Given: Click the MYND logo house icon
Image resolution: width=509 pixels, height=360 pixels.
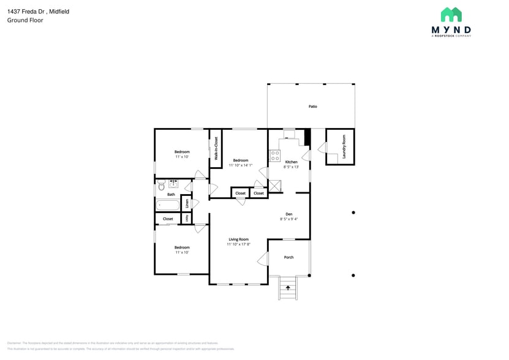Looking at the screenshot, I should pos(451,15).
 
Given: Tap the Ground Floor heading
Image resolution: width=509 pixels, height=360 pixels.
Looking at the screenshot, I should pos(25,20).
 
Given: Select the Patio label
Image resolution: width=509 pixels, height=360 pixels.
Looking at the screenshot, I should pos(312,107).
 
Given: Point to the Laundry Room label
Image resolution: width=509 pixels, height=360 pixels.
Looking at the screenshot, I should pos(344,147).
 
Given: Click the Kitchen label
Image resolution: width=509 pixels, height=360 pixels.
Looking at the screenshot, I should pos(291,162).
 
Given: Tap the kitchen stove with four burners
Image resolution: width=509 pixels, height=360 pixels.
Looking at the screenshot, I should pos(275,156).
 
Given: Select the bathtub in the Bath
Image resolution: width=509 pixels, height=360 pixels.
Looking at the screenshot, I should pos(166,205).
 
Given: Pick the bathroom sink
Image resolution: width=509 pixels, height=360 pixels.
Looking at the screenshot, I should pos(173,182).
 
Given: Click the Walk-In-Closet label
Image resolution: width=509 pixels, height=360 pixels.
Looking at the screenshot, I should pos(216,148).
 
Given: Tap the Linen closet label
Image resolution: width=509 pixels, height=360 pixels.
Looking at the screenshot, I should pos(187,203).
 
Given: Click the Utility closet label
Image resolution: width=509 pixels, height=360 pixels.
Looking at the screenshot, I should pos(187,218).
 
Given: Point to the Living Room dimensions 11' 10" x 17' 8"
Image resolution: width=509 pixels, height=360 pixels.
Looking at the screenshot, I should pos(238,244).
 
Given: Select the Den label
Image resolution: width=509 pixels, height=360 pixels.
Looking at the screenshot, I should pos(288,214).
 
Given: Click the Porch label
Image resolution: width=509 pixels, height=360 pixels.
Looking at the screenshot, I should pos(288,257).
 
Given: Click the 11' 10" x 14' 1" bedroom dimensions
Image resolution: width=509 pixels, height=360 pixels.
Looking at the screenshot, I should pos(240,165).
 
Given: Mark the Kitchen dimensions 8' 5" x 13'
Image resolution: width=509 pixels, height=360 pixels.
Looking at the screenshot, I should pos(291,167).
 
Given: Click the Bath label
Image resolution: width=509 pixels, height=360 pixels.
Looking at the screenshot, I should pos(171,194).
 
